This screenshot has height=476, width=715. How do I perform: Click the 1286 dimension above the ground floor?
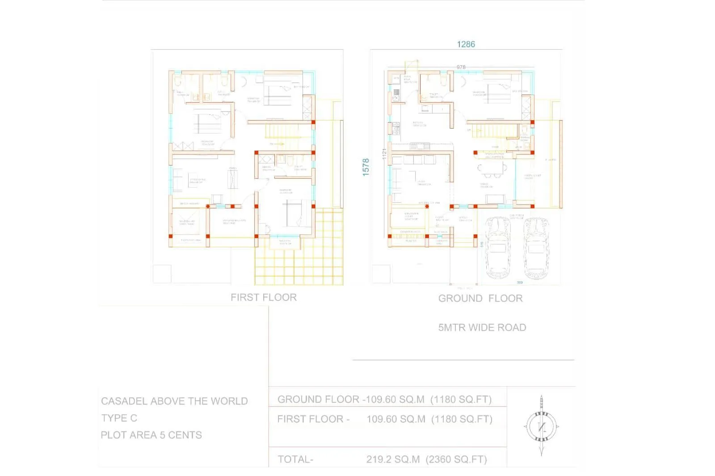tap(466, 44)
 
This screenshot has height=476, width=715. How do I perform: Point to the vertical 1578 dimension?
tap(366, 167)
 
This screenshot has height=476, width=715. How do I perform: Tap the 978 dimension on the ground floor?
tap(461, 67)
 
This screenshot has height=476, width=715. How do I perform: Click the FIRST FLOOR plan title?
tap(263, 297)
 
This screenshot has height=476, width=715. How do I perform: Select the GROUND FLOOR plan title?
tap(480, 298)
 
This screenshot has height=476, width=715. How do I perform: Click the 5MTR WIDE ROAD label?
tap(482, 327)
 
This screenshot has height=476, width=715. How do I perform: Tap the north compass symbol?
tap(541, 426)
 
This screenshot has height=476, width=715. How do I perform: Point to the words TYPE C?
tap(119, 418)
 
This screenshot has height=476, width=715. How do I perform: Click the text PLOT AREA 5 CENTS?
tap(151, 435)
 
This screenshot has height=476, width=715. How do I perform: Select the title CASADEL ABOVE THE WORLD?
tap(174, 401)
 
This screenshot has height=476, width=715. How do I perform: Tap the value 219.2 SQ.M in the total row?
tap(393, 459)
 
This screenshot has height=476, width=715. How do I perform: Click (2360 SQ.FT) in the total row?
tap(456, 459)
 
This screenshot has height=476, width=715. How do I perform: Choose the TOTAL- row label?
tap(295, 459)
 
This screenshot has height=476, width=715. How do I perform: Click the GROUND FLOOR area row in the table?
tap(384, 399)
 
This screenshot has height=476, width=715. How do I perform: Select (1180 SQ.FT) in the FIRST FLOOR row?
tap(462, 419)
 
